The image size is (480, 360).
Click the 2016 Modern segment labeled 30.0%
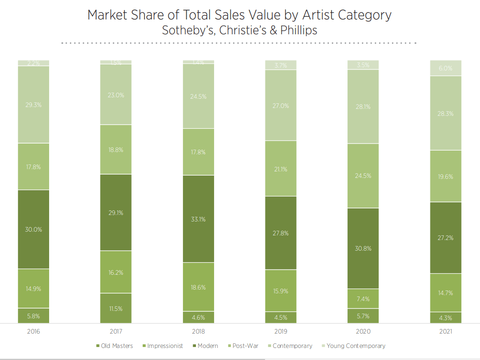pos(34,229)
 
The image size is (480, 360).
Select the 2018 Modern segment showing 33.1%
pos(198,219)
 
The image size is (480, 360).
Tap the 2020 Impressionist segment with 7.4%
pos(363,299)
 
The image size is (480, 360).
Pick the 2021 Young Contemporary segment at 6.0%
pos(446,68)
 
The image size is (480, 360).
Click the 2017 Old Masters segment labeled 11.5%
pos(116,308)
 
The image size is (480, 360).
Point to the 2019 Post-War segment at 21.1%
pos(281,169)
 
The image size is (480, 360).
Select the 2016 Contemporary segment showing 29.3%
pos(34,105)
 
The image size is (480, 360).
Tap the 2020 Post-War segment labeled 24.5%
pos(363,176)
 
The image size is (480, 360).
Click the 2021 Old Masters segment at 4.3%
pos(446,317)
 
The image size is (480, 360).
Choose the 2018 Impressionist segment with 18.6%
pos(198,287)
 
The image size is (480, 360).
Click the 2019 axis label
pos(281,332)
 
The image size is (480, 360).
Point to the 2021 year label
pos(446,332)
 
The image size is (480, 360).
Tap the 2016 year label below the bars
pos(34,332)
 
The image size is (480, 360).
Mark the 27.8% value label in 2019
pos(281,233)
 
